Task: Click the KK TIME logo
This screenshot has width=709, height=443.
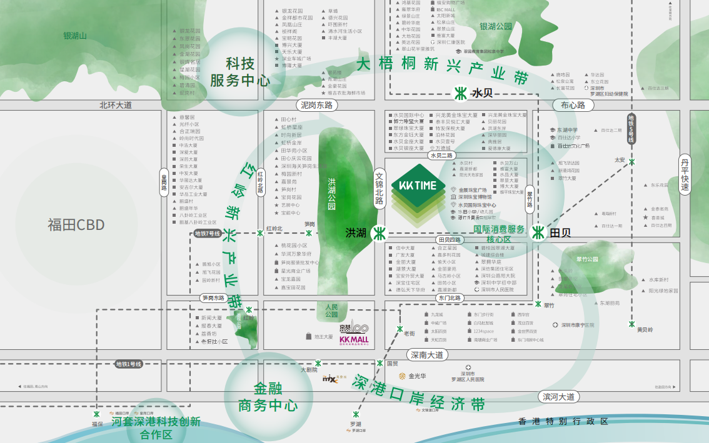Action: pos(418,186)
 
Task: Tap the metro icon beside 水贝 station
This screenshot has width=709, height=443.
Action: pos(459,94)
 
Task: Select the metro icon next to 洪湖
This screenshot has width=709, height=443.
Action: pos(378,233)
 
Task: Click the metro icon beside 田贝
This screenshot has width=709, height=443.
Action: pos(538,232)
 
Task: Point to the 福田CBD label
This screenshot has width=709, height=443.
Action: pos(76,225)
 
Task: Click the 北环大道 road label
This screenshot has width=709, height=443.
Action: pos(116,105)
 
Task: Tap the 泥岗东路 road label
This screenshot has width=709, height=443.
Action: pos(316,105)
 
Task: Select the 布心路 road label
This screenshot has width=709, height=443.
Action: pos(573,105)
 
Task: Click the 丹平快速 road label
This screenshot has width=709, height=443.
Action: pos(685,174)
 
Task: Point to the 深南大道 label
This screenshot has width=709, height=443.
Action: pos(428,355)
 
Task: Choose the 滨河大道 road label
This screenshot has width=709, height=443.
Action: pos(558,397)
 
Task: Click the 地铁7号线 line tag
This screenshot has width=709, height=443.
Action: pos(208,234)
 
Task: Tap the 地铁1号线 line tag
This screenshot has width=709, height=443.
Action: pos(129,364)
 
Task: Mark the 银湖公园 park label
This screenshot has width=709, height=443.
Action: pos(495,27)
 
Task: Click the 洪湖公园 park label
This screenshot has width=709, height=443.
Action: pos(332,194)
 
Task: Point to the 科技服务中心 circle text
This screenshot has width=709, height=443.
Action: pos(240,72)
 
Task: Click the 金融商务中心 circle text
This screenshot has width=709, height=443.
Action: pos(268,397)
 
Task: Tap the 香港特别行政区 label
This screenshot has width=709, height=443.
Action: pos(563,422)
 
